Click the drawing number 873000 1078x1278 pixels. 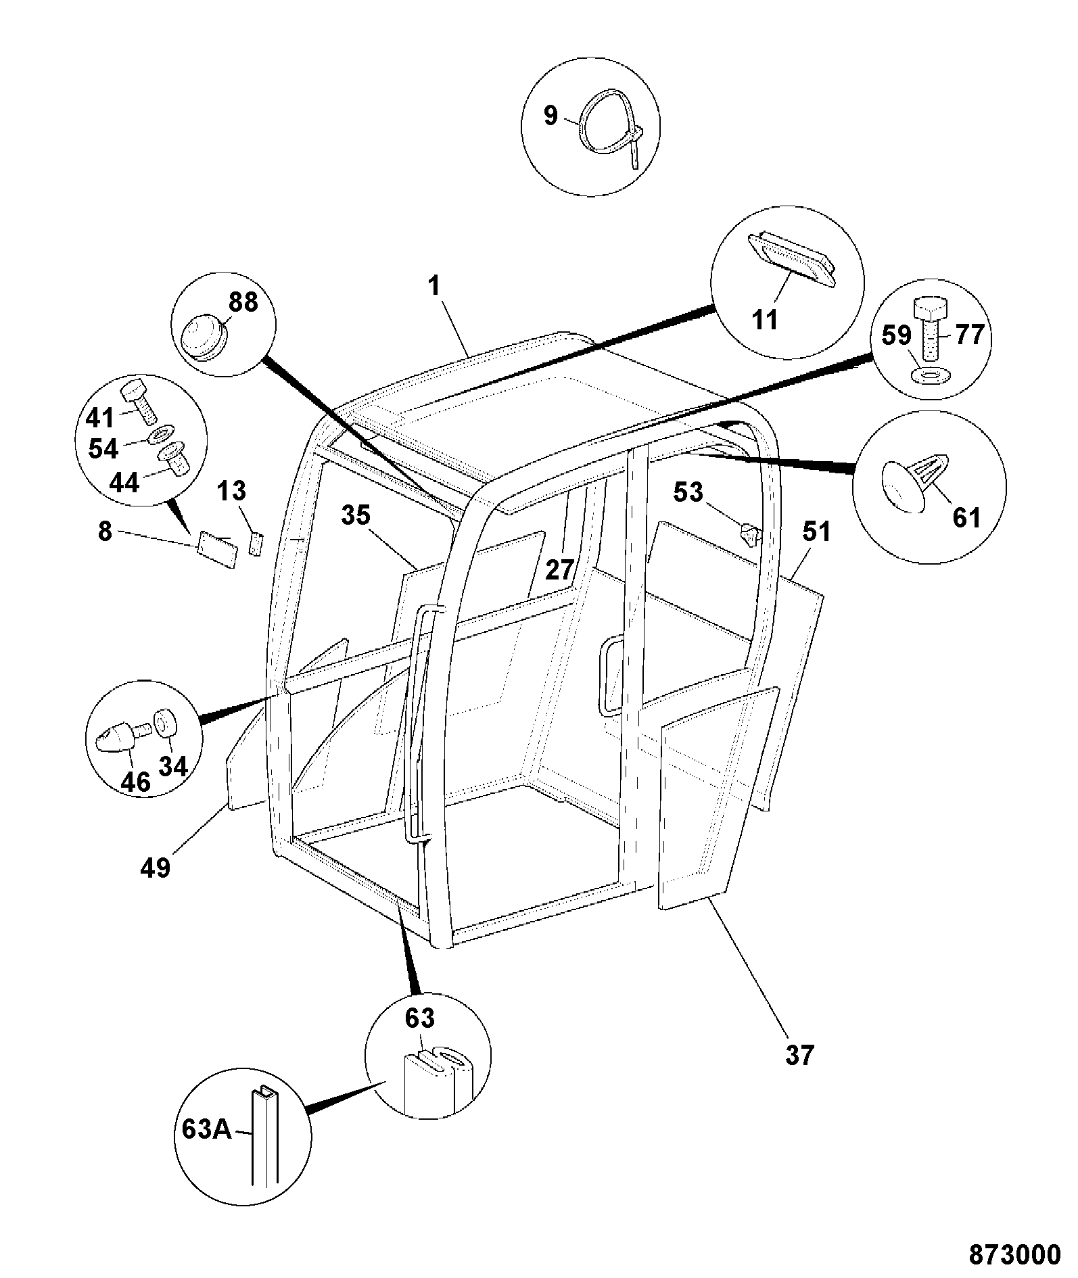pos(1014,1254)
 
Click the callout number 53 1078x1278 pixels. pos(688,492)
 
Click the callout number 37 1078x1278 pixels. pos(799,1055)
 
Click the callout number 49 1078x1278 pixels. pos(155,867)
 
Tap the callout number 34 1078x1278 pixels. pos(173,766)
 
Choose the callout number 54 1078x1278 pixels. pos(103,448)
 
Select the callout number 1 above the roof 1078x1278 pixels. pos(433,285)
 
